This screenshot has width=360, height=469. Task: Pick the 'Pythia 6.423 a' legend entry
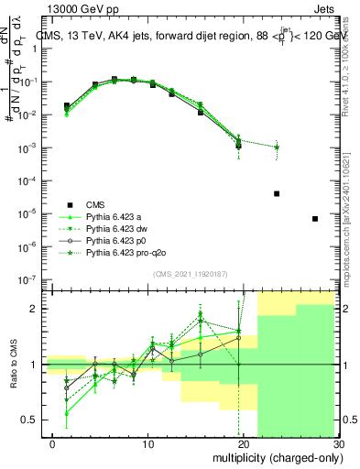click(117, 216)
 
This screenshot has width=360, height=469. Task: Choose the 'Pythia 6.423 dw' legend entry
click(120, 228)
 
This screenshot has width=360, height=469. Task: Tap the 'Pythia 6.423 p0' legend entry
click(119, 240)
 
